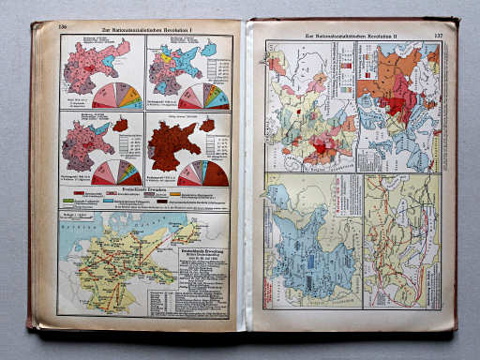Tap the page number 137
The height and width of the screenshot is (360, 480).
437,35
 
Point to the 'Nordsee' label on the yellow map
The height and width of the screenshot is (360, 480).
84,232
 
